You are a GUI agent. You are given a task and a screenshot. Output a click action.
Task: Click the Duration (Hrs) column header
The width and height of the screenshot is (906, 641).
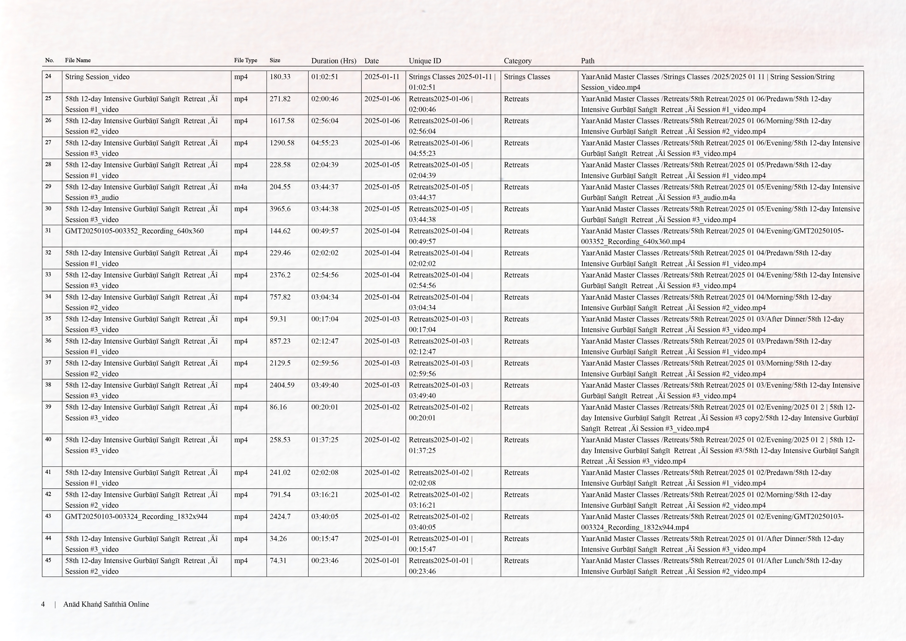coord(333,61)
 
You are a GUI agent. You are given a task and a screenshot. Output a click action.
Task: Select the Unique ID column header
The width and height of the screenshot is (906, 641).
coord(425,61)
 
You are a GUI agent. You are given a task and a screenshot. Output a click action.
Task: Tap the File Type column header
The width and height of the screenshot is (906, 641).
coord(245,60)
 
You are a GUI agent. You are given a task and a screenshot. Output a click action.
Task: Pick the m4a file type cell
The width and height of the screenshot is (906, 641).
coord(241,187)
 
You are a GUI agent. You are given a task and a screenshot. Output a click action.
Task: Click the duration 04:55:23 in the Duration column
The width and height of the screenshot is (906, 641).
coord(324,143)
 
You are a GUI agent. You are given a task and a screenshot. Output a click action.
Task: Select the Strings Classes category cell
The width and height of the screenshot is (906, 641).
coord(527,77)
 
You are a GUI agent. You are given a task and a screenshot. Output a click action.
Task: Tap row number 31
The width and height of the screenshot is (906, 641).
coord(48,230)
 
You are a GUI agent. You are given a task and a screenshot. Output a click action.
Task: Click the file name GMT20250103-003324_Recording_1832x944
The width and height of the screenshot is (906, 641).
coord(136,517)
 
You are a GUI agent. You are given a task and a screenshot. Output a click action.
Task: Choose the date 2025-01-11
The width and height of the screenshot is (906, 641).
coord(382,77)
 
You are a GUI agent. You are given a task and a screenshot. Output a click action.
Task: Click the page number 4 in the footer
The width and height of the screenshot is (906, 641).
coord(43,604)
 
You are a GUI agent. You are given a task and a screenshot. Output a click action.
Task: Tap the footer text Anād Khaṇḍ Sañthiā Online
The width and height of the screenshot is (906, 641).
coord(106,604)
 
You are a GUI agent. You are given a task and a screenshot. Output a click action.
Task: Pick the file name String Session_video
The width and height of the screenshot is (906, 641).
coord(97,77)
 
